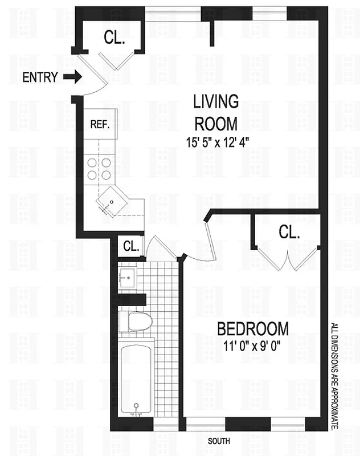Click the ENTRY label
tap(40, 78)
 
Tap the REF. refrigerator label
tap(100, 124)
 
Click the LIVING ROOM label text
tap(215, 113)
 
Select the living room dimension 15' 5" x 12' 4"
tap(215, 140)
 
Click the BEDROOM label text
tap(253, 329)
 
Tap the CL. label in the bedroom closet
tap(289, 232)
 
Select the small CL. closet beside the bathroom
tap(132, 247)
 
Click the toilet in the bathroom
tap(137, 321)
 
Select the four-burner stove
tap(99, 169)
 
